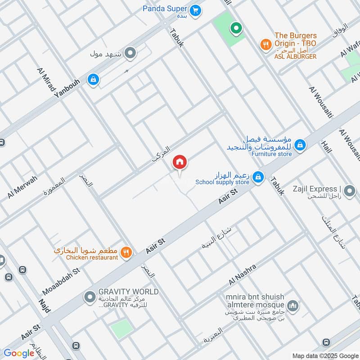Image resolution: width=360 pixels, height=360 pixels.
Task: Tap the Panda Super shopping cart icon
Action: tap(195, 10)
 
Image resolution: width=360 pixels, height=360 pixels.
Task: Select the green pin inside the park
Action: tap(235, 29)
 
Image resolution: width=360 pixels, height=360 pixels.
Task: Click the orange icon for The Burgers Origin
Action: tap(265, 44)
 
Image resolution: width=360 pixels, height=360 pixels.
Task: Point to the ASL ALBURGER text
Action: tap(295, 56)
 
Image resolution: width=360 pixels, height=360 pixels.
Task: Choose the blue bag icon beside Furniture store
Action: tap(300, 145)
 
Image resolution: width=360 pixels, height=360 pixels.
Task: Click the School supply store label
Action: tap(222, 182)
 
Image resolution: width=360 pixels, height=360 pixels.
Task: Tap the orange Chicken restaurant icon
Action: tap(127, 252)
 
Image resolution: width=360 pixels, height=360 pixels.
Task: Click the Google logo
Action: tap(19, 353)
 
